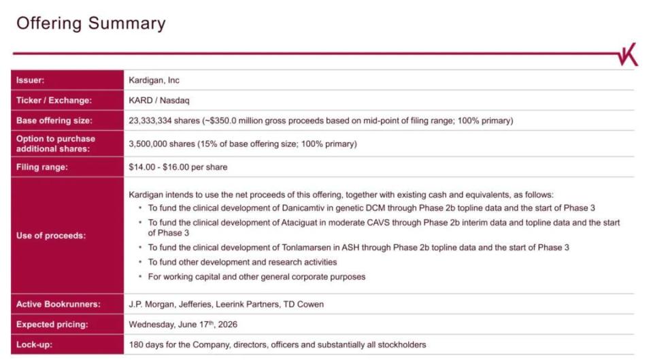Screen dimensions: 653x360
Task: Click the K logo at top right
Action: click(628, 54)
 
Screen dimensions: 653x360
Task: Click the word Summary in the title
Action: click(127, 23)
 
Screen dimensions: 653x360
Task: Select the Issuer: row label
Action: click(30, 80)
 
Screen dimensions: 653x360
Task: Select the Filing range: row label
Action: click(41, 167)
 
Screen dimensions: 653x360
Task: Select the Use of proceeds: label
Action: click(51, 235)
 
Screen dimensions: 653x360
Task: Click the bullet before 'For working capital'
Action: click(140, 276)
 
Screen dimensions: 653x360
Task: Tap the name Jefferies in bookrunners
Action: click(195, 304)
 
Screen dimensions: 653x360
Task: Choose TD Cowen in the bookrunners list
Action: click(303, 304)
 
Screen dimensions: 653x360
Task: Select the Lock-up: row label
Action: click(34, 344)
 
